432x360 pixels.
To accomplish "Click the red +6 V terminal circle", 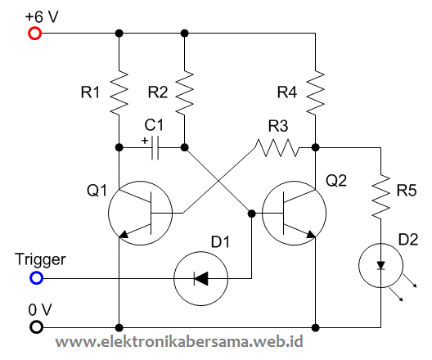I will pyautogui.click(x=35, y=34).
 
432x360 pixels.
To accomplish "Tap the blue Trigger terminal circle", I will pyautogui.click(x=35, y=278).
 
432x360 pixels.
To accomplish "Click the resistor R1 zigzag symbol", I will pyautogui.click(x=119, y=92).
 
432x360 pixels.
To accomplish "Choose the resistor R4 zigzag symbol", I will pyautogui.click(x=316, y=97).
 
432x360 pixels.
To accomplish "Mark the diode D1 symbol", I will pyautogui.click(x=201, y=278).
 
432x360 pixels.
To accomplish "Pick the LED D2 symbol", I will pyautogui.click(x=381, y=263).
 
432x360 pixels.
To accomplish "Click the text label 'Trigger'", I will pyautogui.click(x=40, y=260).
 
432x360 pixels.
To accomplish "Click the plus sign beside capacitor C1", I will pyautogui.click(x=145, y=140).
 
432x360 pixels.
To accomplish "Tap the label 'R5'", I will pyautogui.click(x=407, y=191).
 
